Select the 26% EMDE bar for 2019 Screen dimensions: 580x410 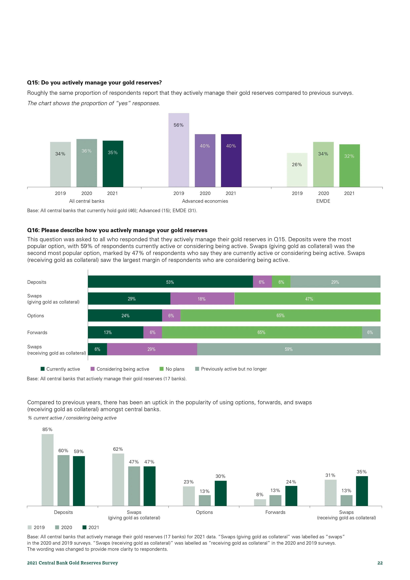coord(297,170)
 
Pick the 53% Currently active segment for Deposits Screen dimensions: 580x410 coord(170,282)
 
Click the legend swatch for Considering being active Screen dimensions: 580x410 coord(92,369)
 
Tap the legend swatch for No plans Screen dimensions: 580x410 coord(162,369)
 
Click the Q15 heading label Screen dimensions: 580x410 coord(94,83)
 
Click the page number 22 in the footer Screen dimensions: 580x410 coord(380,563)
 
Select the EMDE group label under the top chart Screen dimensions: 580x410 coord(323,201)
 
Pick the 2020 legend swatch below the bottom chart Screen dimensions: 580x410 coord(57,527)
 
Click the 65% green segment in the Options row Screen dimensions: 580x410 coord(280,315)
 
